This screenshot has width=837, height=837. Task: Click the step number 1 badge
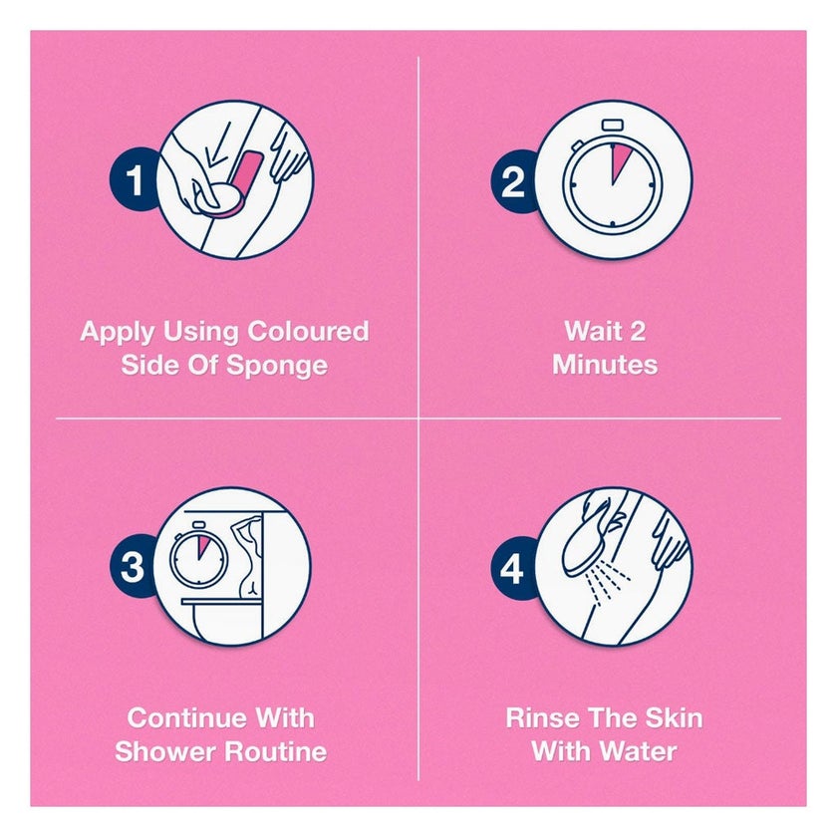[134, 180]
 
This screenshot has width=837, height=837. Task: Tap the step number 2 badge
[513, 181]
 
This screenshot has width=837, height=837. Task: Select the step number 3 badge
[133, 566]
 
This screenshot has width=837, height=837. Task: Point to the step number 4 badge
[512, 568]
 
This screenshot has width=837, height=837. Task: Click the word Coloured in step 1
[308, 331]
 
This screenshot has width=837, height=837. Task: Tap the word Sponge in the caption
[277, 367]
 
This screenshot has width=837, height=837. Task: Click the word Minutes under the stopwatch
[605, 365]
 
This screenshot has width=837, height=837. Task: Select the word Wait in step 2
[590, 331]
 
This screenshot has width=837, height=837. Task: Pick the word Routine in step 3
[275, 751]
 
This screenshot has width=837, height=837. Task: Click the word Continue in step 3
[187, 718]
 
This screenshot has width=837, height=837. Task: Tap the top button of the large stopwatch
[612, 126]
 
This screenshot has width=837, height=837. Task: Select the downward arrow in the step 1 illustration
[218, 144]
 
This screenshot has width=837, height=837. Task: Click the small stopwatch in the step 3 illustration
[198, 555]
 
